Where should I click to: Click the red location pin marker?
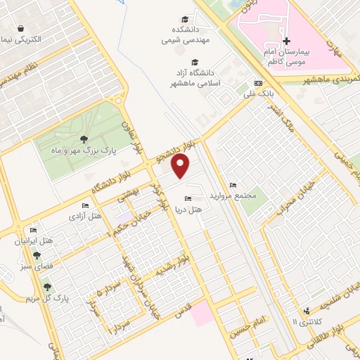click(x=181, y=166)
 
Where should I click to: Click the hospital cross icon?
click(x=286, y=41)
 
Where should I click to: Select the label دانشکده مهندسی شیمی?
click(x=185, y=34)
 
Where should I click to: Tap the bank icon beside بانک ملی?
click(x=258, y=82)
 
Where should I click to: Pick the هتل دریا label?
click(x=191, y=209)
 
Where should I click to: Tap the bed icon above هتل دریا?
click(x=187, y=199)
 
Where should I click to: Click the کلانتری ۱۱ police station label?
click(x=304, y=321)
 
